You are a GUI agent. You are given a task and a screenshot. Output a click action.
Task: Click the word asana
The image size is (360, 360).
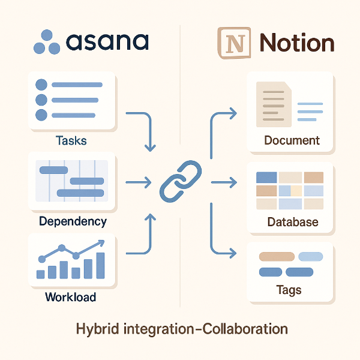(107, 42)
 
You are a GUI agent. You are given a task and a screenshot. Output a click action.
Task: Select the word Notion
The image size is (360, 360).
(296, 43)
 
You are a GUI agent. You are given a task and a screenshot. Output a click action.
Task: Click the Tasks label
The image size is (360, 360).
(71, 141)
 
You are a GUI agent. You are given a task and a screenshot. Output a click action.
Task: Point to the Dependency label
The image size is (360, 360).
(73, 221)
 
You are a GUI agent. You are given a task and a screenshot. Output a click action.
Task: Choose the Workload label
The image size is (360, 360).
(70, 297)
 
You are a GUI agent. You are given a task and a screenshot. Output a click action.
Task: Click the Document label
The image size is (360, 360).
(292, 141)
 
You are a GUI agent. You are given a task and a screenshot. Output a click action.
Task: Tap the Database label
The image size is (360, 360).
(292, 222)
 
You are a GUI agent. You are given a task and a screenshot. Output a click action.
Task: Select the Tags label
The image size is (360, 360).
(289, 290)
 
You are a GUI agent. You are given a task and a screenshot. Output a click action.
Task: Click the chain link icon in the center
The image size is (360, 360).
(180, 181)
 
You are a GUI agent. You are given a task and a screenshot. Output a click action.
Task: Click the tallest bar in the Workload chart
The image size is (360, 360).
(100, 265)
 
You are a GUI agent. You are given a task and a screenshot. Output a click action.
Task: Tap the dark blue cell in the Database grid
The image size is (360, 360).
(266, 178)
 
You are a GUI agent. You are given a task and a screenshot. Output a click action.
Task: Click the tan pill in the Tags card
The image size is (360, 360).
(276, 256)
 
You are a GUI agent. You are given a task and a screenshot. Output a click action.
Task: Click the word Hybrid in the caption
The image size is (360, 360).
(95, 329)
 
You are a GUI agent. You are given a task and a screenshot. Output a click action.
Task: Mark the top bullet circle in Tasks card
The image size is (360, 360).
(41, 85)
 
